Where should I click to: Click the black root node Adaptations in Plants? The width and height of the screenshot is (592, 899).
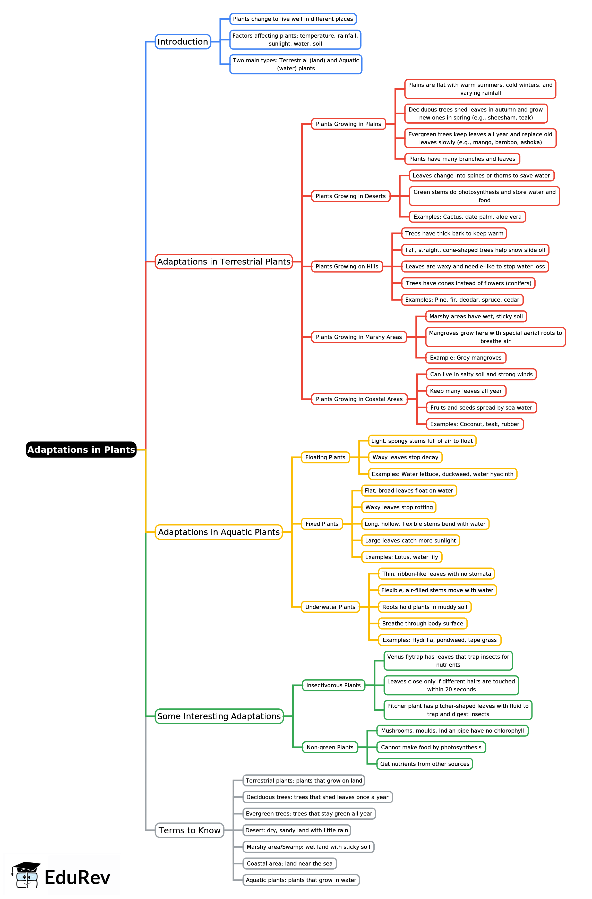[81, 449]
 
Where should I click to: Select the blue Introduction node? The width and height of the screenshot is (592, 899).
[183, 41]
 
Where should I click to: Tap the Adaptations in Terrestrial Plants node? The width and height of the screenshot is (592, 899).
[224, 261]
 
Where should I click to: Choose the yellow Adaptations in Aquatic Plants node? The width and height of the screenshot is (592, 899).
[219, 532]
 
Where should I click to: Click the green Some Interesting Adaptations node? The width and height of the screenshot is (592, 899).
[219, 716]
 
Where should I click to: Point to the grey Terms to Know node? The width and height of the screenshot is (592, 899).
[189, 830]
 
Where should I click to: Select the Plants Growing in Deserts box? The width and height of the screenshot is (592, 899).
[350, 196]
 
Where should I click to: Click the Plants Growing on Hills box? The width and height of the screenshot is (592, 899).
[347, 266]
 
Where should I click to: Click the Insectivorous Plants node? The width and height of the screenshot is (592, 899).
[333, 685]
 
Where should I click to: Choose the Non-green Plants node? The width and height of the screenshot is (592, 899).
[330, 747]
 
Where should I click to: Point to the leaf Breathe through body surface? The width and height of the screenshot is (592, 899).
[423, 623]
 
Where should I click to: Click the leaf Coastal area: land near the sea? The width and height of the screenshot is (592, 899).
[290, 863]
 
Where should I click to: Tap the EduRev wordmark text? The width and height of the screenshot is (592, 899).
[78, 877]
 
